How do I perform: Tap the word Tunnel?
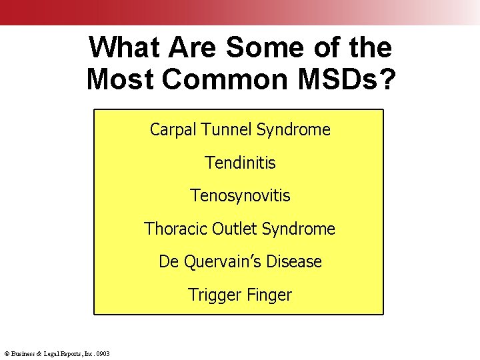[224, 129]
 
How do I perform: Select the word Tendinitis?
[240, 163]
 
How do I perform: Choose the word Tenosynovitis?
[240, 196]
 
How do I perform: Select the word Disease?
[294, 262]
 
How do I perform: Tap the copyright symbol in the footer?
[6, 353]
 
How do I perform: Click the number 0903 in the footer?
[103, 353]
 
